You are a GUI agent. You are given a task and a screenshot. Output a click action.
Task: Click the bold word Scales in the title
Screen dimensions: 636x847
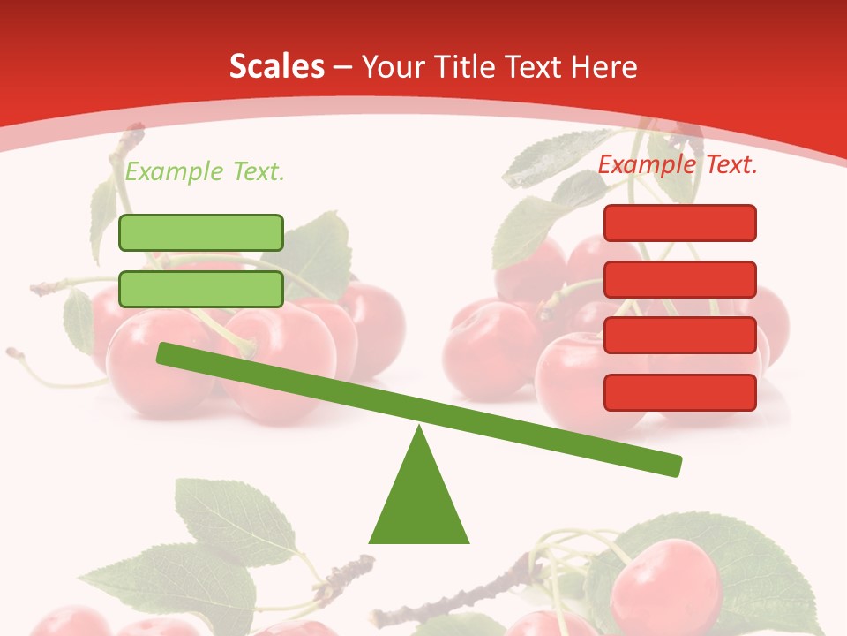[x=276, y=66]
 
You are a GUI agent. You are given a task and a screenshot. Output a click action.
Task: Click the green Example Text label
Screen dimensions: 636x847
[x=205, y=171]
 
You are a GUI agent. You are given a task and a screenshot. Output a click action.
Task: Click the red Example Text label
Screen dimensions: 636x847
[x=678, y=163]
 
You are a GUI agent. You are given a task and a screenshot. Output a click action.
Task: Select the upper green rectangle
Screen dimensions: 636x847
[x=201, y=232]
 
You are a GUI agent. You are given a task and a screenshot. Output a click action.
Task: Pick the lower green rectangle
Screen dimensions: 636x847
[x=201, y=289]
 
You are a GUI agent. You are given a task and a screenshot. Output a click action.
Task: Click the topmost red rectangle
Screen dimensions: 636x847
[x=680, y=223]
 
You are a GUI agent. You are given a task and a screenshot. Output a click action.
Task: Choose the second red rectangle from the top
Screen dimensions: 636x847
[x=680, y=279]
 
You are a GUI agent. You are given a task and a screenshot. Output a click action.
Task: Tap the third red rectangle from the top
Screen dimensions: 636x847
[x=680, y=336]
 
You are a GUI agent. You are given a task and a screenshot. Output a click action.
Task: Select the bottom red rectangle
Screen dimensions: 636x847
[x=680, y=392]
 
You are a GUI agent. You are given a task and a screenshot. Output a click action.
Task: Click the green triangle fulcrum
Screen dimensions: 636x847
[x=419, y=503]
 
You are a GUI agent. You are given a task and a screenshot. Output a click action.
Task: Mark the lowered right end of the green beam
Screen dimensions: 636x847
[x=674, y=466]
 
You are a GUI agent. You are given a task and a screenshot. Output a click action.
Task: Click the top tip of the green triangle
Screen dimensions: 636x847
[x=420, y=428]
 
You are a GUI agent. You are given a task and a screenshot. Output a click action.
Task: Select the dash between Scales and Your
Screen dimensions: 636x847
[x=343, y=67]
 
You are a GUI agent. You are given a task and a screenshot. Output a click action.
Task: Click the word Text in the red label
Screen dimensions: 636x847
[x=724, y=163]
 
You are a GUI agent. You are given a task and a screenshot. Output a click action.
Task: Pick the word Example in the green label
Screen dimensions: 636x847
[x=175, y=171]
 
